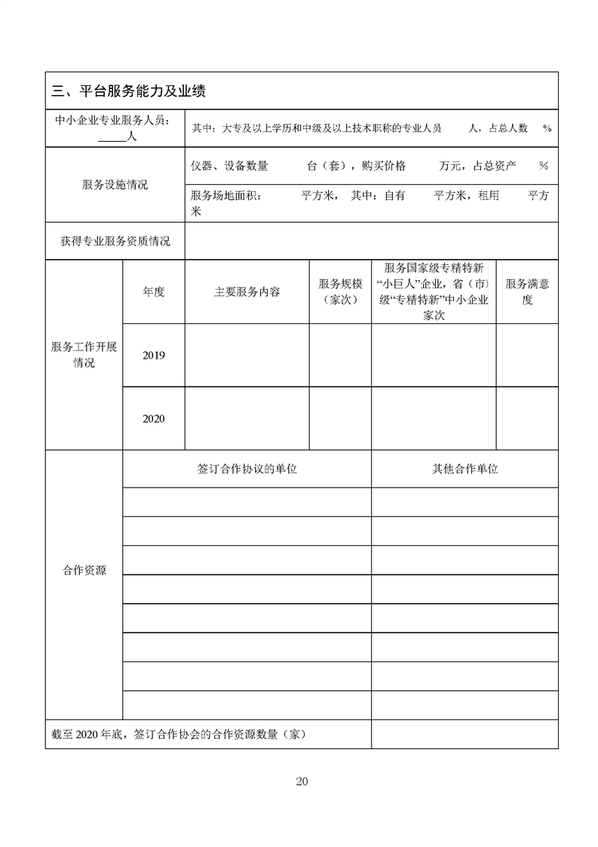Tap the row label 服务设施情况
[115, 185]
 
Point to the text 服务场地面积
[225, 196]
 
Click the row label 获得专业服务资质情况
[115, 242]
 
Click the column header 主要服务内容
[247, 292]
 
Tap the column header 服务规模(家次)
[340, 292]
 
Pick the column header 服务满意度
[527, 292]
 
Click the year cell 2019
[153, 356]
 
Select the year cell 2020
[153, 419]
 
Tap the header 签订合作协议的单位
[247, 469]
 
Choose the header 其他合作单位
[465, 469]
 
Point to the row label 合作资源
[84, 571]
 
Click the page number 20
[302, 781]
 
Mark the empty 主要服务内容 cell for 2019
[247, 356]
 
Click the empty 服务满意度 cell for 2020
[527, 419]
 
